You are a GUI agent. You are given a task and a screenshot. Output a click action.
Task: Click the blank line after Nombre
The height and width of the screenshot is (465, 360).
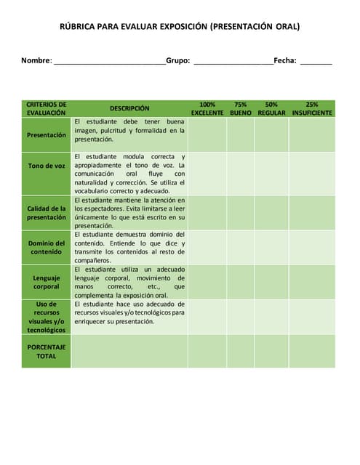coord(109,63)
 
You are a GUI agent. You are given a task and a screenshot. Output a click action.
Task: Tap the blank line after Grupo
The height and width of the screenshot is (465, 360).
coord(233,63)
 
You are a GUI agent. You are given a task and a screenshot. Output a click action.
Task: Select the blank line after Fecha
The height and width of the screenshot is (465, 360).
coord(316,63)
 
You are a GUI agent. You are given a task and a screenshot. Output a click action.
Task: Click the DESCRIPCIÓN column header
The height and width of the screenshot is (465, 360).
coord(129,108)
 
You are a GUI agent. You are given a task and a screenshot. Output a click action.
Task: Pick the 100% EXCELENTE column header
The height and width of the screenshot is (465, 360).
coord(207,109)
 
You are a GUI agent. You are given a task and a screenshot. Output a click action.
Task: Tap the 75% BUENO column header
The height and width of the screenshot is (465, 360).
coord(241,109)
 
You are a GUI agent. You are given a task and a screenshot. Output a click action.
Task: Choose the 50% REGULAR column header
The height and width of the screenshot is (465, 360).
coord(271,109)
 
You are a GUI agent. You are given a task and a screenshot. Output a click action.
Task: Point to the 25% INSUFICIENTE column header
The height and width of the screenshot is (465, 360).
coord(312,109)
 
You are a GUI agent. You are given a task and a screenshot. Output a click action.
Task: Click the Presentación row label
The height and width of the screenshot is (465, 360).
coord(47,134)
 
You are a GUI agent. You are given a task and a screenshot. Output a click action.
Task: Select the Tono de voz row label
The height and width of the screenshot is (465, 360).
coord(47,166)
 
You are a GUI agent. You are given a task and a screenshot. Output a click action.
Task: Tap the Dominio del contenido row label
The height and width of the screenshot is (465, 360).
coord(47,247)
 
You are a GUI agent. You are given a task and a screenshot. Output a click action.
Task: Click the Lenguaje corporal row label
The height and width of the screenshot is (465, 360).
coord(47,282)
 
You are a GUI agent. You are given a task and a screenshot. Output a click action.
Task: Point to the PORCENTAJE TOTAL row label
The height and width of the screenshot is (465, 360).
coord(47,351)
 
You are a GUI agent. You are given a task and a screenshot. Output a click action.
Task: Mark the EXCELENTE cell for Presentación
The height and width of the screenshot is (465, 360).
coord(207,134)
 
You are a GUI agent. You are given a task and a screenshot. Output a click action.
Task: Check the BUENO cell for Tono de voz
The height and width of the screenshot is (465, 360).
coord(241,173)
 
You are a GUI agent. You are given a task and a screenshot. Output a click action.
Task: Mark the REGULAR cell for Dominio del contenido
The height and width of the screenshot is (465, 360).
coord(271,247)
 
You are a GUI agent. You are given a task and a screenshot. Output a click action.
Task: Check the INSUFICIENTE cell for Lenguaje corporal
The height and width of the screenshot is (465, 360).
coord(312,282)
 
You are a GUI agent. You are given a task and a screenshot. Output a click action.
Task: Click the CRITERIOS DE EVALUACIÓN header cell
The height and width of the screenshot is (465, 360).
coord(47,109)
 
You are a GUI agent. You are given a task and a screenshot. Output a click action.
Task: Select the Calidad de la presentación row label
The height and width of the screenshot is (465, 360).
coord(47,212)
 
